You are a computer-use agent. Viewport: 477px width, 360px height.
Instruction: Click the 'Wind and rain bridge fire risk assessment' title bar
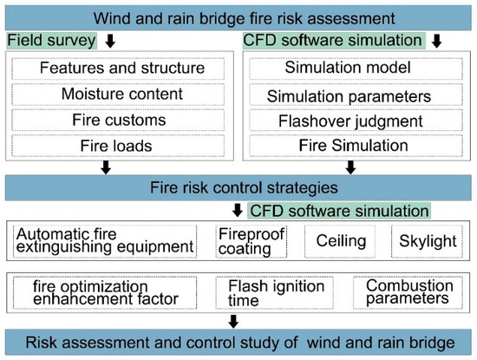coord(238,16)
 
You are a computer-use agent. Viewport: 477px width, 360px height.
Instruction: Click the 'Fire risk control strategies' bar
coord(238,186)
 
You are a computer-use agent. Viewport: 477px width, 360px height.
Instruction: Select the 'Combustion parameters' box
coord(406,291)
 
